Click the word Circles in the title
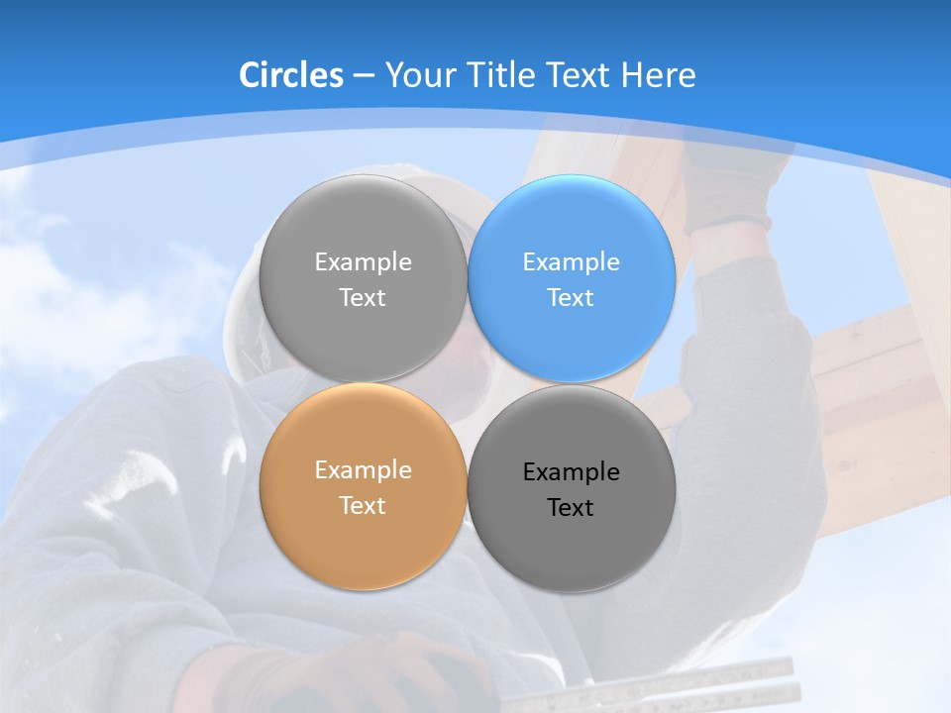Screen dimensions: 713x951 290,75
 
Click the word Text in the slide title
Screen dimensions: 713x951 580,75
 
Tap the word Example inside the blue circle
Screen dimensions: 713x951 571,262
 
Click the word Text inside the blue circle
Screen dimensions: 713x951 571,297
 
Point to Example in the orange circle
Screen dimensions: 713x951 363,470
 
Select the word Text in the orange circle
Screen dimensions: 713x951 363,505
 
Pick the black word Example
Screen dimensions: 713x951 571,472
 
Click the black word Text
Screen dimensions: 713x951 571,507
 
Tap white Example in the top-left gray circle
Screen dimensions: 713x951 363,262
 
